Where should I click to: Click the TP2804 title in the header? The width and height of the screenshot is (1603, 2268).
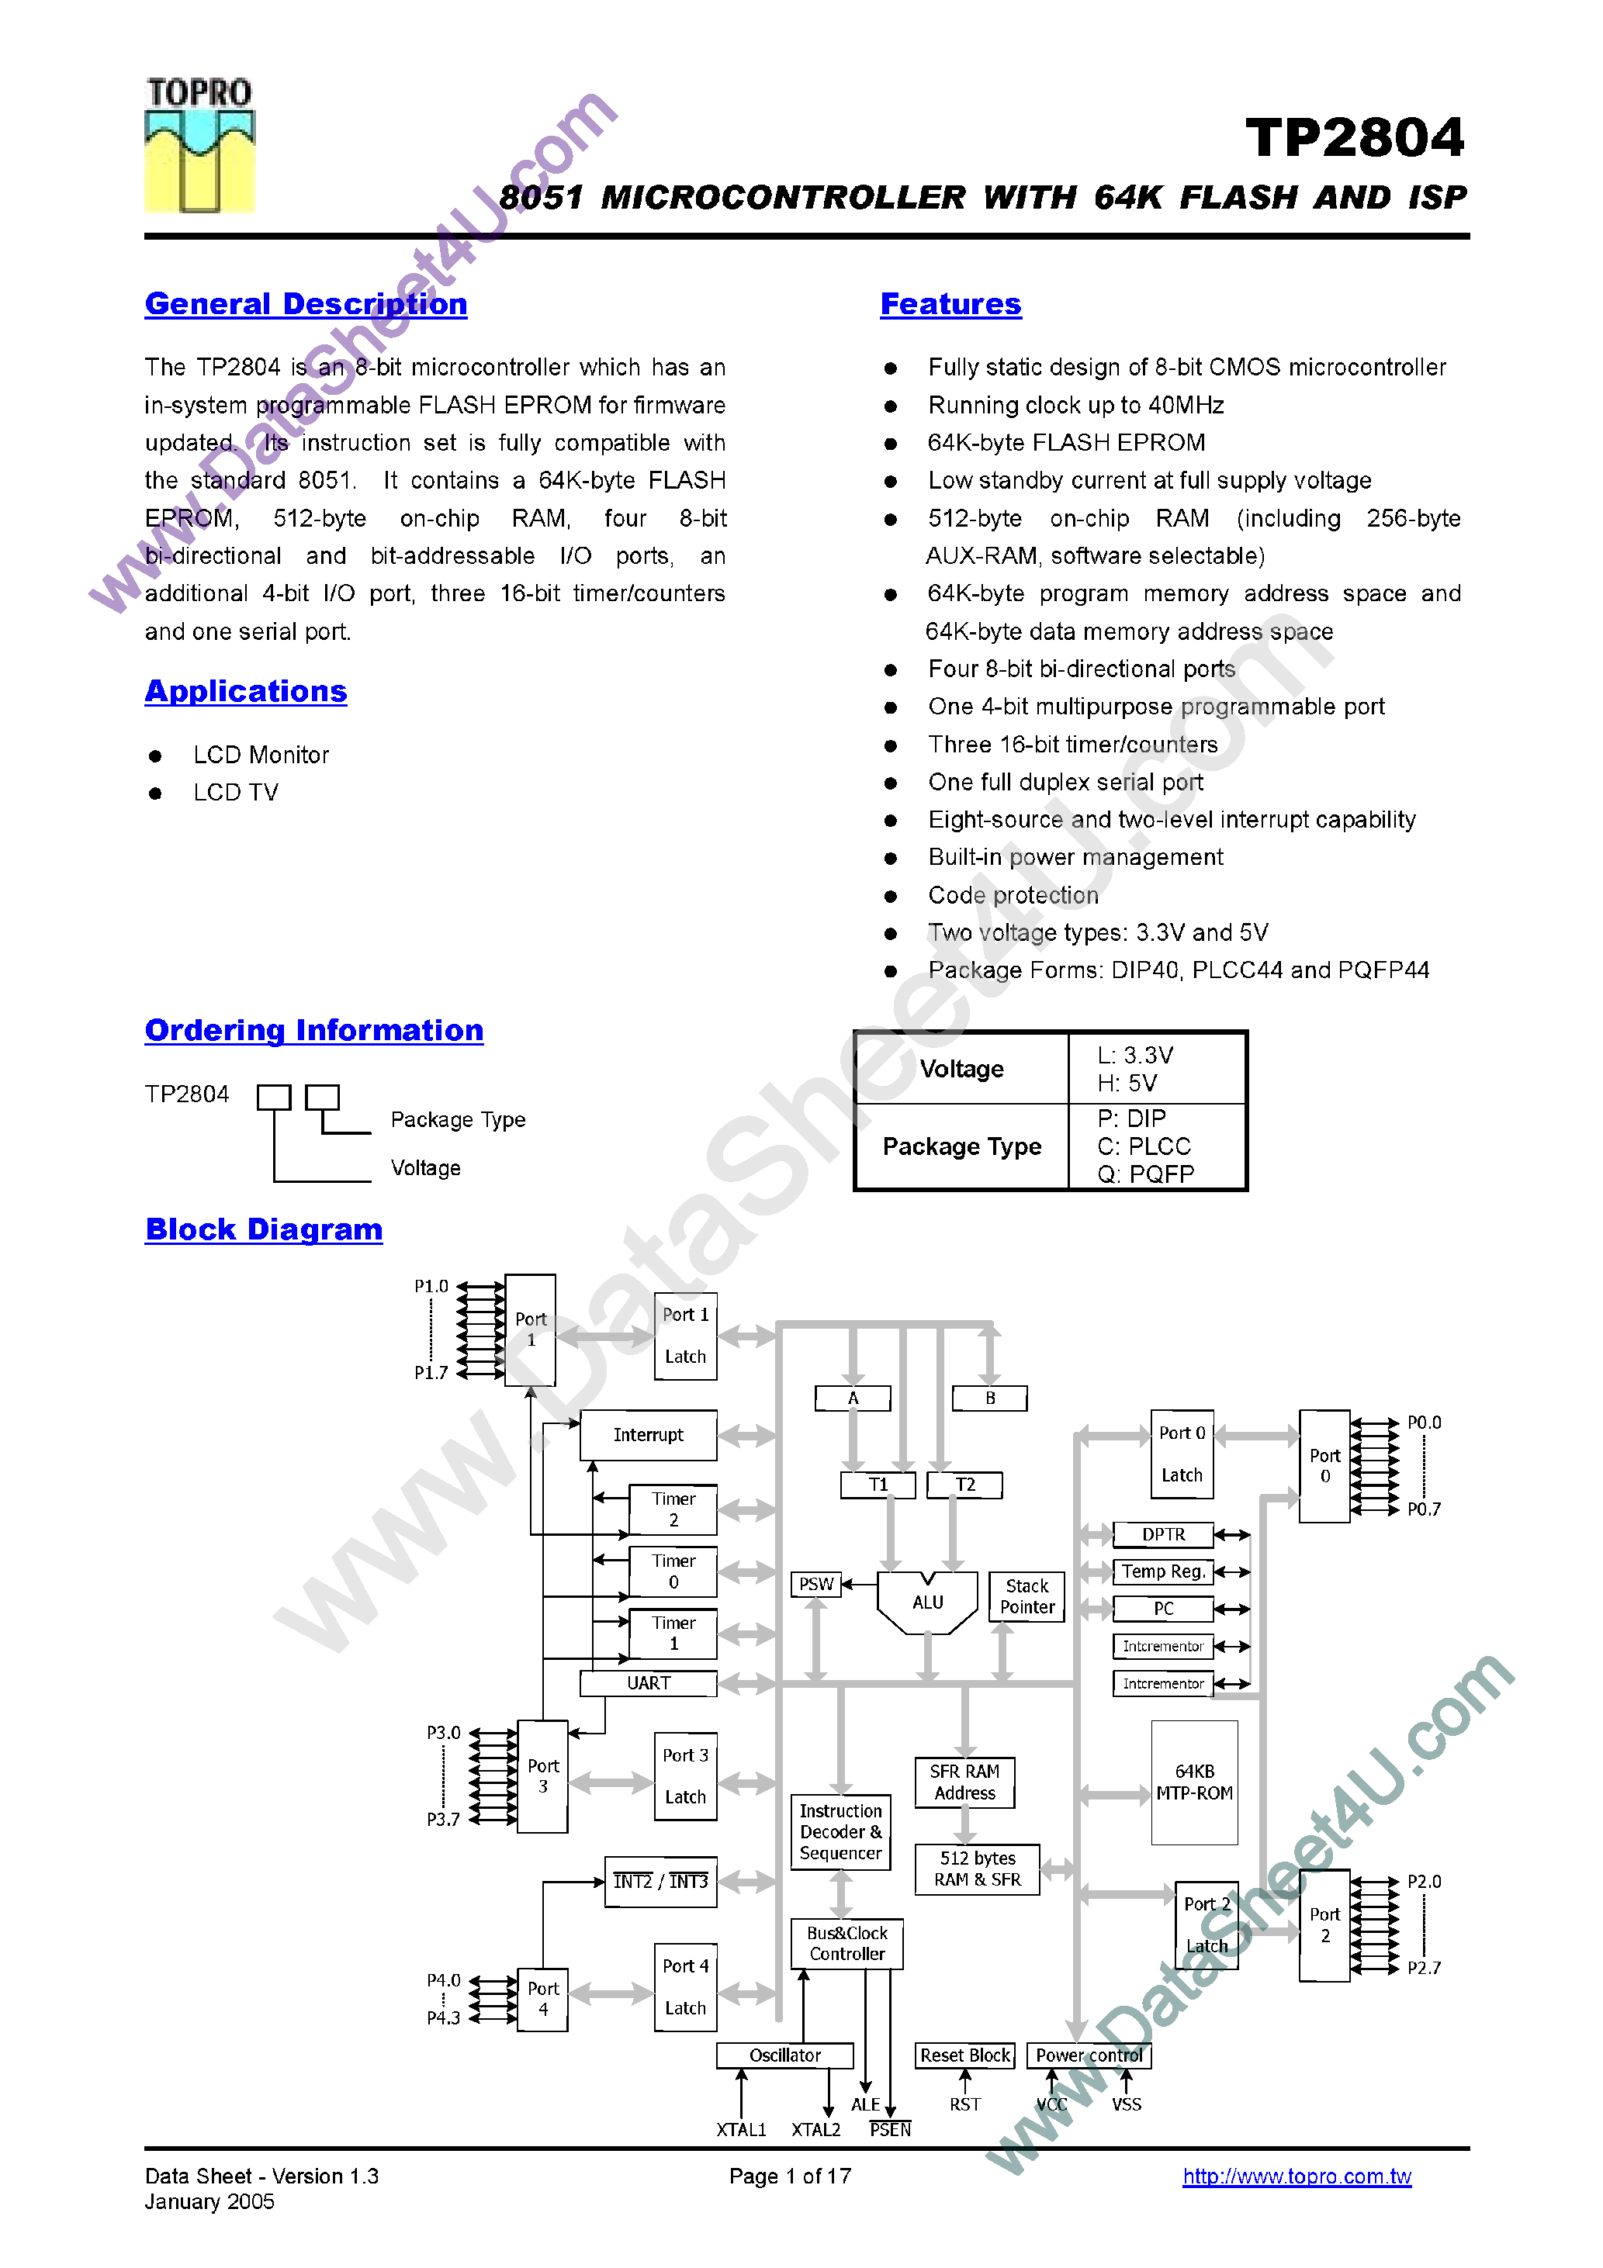point(1354,137)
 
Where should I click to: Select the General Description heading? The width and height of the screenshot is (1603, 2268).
point(306,304)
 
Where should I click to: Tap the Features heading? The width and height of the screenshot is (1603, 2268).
point(950,304)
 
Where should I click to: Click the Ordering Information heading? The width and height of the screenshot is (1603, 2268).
point(313,1030)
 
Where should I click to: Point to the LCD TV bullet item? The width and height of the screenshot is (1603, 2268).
point(235,792)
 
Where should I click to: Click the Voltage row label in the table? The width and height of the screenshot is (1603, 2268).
point(961,1069)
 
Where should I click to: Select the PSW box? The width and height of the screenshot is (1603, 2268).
point(815,1585)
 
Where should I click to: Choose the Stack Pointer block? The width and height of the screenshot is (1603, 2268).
point(1027,1596)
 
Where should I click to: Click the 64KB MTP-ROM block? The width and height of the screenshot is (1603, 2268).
point(1194,1783)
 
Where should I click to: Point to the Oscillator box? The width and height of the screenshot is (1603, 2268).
point(784,2055)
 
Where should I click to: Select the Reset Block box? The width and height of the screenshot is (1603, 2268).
point(964,2055)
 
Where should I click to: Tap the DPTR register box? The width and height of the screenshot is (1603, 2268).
point(1163,1535)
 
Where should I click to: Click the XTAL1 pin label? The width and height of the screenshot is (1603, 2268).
point(741,2130)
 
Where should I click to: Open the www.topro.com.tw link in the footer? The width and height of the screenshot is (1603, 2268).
point(1297,2176)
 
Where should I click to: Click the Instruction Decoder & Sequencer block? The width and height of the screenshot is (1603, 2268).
point(840,1832)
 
